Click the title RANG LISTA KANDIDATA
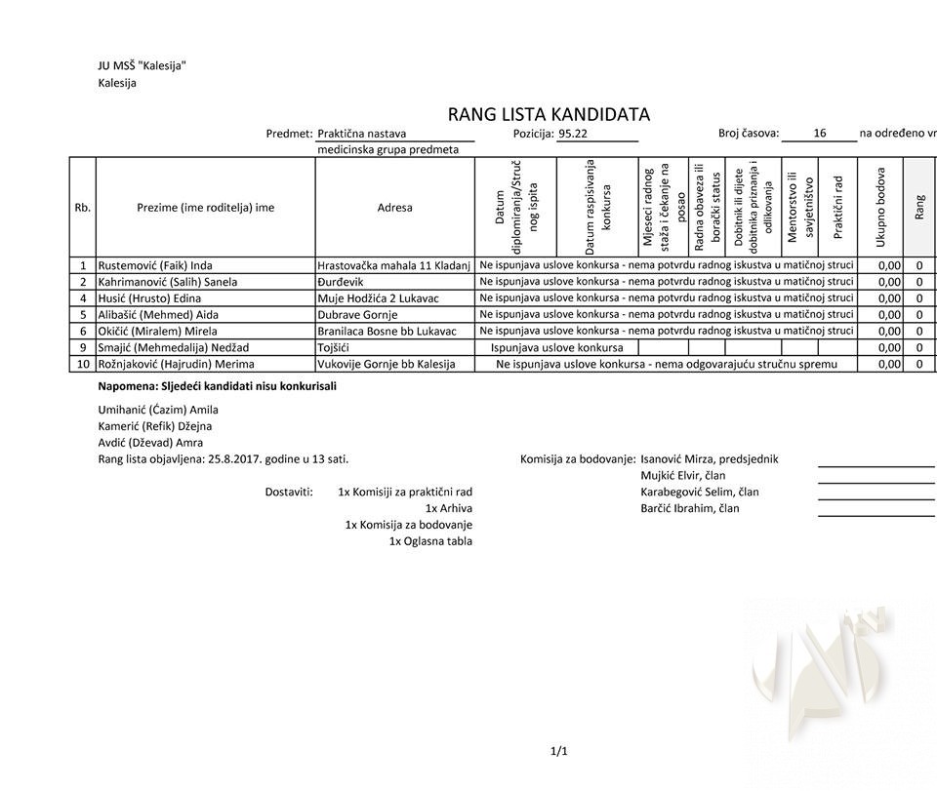click(x=549, y=114)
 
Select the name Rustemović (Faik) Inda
click(x=155, y=265)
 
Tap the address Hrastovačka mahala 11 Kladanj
click(x=393, y=265)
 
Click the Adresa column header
click(x=394, y=208)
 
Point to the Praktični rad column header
click(x=837, y=207)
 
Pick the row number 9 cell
click(x=83, y=347)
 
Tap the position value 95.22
click(x=573, y=134)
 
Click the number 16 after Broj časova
click(x=819, y=134)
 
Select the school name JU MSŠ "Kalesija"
click(x=142, y=66)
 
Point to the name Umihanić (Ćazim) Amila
click(x=158, y=410)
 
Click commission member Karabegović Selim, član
click(x=699, y=492)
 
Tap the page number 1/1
click(x=559, y=751)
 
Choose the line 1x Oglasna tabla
click(x=430, y=541)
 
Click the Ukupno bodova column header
click(x=880, y=207)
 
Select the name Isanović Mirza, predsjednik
click(x=709, y=458)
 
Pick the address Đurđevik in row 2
click(x=341, y=282)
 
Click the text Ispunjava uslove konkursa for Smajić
click(x=556, y=347)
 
